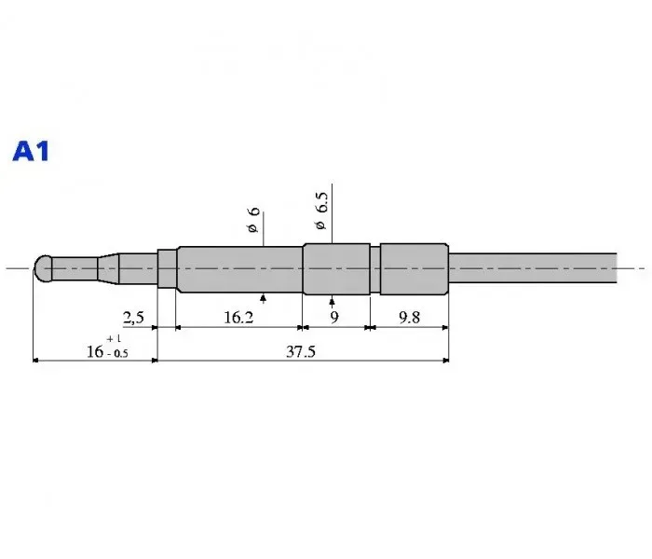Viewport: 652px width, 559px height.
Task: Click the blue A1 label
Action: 31,151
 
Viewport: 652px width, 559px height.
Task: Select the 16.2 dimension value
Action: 239,318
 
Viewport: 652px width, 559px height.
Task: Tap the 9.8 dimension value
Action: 409,318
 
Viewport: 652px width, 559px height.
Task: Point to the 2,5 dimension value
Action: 133,318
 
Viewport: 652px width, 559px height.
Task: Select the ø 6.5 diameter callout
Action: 321,212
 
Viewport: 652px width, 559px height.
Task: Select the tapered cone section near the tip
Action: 109,269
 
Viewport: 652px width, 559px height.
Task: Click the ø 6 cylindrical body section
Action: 239,270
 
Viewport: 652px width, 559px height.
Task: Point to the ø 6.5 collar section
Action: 336,269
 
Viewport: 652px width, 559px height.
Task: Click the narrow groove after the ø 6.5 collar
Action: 375,269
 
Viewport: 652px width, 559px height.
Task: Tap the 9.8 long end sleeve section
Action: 414,269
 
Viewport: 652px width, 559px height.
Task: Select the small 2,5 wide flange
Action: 167,269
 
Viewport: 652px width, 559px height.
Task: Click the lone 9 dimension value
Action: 333,318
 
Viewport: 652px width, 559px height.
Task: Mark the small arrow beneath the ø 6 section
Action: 265,298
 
